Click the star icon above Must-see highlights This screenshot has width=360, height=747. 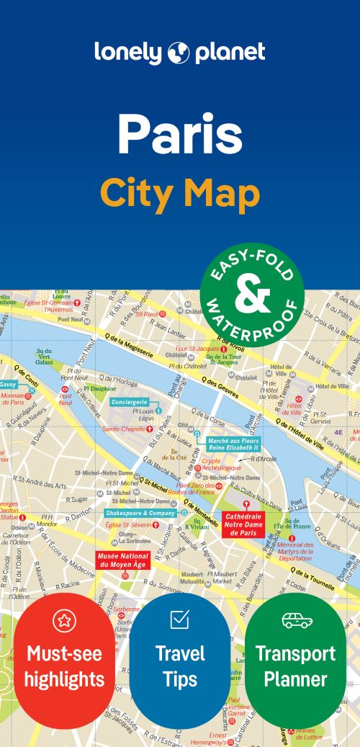(65, 621)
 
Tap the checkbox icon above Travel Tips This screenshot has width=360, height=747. (180, 619)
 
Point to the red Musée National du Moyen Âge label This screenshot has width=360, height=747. (123, 560)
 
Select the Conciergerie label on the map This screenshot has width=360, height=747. (130, 402)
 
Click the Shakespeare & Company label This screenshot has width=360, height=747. (140, 513)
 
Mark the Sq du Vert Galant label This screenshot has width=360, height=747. (45, 357)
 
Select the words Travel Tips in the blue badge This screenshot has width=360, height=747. (180, 666)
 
